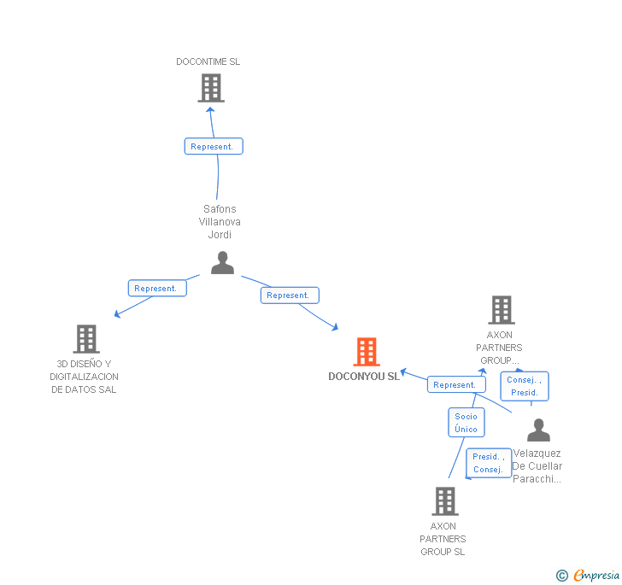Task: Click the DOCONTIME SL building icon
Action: point(210,88)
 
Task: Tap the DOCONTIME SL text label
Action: point(208,61)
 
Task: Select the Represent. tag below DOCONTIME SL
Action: point(214,147)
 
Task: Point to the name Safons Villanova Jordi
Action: point(220,222)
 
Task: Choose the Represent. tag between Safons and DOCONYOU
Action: point(289,295)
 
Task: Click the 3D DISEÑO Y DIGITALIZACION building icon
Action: point(86,339)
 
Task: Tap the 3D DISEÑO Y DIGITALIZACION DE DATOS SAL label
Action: point(84,377)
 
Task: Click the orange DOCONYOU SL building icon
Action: point(366,351)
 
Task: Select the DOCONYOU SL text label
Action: point(364,377)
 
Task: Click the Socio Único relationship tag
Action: point(466,423)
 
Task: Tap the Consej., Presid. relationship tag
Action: point(524,386)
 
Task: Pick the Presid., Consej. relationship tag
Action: point(488,463)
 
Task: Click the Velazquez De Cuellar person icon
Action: point(538,430)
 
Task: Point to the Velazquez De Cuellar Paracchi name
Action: point(537,466)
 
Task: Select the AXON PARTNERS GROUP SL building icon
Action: point(445,501)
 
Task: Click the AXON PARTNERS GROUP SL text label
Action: point(443,539)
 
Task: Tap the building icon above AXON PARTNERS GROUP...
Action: point(501,310)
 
